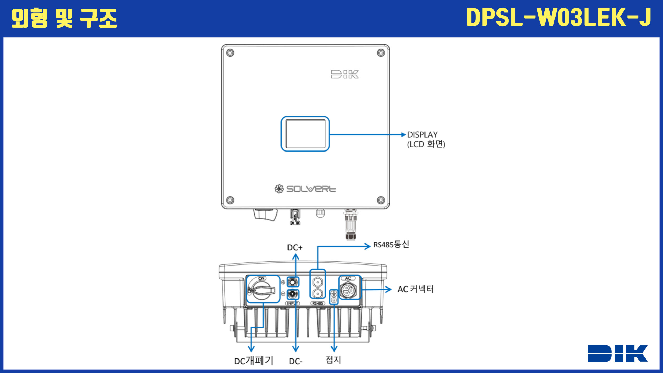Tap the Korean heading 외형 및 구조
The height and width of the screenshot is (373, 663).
(64, 18)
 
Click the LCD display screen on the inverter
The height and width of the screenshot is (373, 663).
(305, 134)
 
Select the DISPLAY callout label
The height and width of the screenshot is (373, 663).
(422, 135)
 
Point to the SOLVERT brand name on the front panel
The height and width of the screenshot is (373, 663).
(311, 189)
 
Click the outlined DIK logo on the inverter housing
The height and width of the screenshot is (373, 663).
(345, 74)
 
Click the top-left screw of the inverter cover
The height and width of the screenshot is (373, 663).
(230, 53)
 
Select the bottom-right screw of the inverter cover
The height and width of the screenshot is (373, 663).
(381, 200)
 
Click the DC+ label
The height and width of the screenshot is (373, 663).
(295, 248)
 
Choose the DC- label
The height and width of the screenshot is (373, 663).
(296, 361)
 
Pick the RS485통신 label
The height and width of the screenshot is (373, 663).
(391, 245)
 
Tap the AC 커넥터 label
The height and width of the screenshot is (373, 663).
(415, 289)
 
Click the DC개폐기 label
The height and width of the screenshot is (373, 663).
(254, 361)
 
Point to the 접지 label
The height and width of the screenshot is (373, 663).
(333, 360)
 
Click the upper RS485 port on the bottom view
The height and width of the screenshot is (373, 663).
(318, 282)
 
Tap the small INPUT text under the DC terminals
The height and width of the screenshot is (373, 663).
(292, 303)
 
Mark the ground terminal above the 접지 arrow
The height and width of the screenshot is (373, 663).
(334, 297)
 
